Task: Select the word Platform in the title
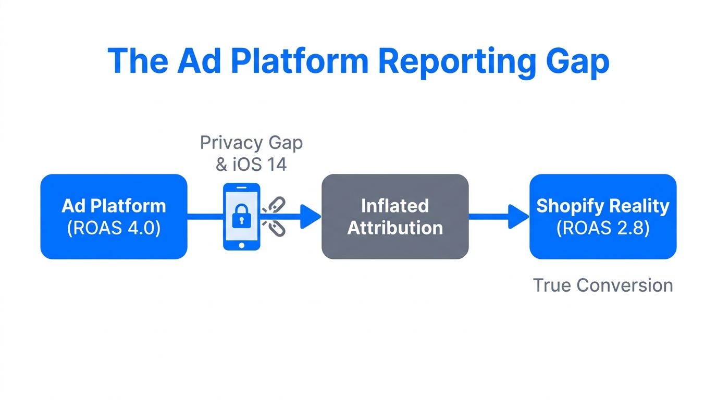[x=299, y=61]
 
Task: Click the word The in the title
[x=138, y=61]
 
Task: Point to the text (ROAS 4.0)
[x=114, y=228]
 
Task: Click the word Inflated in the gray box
[x=394, y=206]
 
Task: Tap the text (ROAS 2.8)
[x=603, y=228]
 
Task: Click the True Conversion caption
[x=603, y=285]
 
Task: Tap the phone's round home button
[x=241, y=245]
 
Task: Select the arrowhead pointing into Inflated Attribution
[x=311, y=216]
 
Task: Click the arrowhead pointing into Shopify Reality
[x=518, y=216]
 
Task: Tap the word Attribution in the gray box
[x=395, y=228]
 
